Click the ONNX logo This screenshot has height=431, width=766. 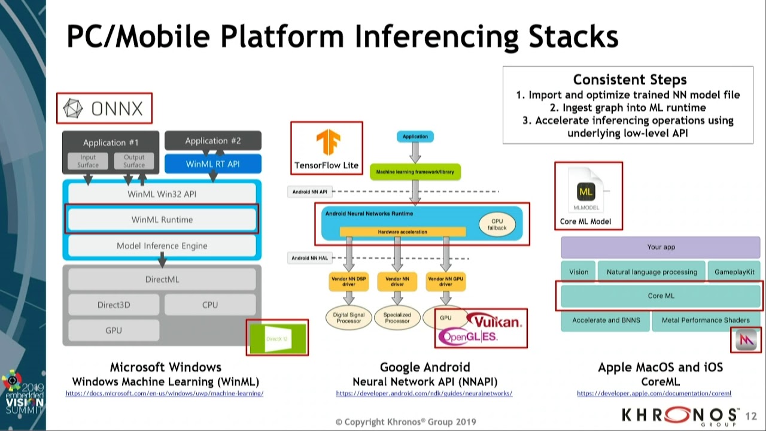(104, 108)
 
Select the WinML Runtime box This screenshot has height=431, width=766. (162, 220)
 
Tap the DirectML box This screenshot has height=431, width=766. (162, 280)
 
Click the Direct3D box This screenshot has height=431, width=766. (114, 305)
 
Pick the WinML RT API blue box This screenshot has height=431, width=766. (212, 163)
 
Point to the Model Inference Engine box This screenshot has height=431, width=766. (162, 245)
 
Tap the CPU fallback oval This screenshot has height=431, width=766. (497, 224)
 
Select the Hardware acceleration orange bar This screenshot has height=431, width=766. (402, 232)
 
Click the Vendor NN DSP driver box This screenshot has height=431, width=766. (349, 281)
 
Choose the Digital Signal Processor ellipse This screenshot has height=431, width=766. (348, 317)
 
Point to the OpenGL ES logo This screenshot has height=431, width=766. (468, 337)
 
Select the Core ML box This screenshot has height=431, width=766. (661, 296)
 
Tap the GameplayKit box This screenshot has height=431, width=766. (737, 272)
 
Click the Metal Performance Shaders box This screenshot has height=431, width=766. (705, 320)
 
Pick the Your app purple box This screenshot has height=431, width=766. (661, 247)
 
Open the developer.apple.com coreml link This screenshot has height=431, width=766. (654, 393)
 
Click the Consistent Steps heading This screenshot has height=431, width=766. (630, 80)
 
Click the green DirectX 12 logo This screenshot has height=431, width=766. (277, 338)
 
